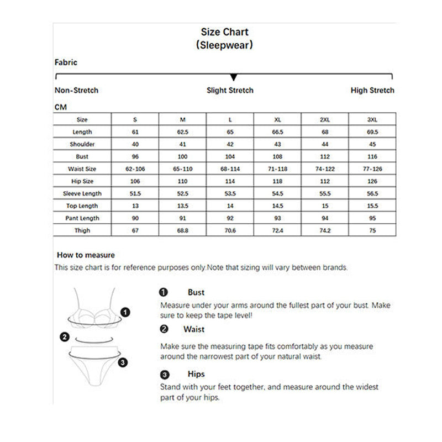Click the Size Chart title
(224, 32)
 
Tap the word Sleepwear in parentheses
(224, 45)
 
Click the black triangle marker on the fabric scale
(234, 77)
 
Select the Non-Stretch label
(76, 90)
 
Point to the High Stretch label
(372, 90)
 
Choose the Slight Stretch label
(230, 90)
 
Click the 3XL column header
(372, 119)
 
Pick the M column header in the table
(183, 119)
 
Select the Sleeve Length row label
(82, 193)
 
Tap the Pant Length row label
(82, 218)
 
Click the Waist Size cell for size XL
(277, 169)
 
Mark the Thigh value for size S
(135, 230)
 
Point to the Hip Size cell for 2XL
(325, 181)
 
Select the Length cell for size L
(230, 132)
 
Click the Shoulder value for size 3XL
(372, 144)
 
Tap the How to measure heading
(86, 255)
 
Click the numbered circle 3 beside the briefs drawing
(123, 362)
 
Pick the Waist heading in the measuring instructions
(194, 329)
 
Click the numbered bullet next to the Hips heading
(164, 375)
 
